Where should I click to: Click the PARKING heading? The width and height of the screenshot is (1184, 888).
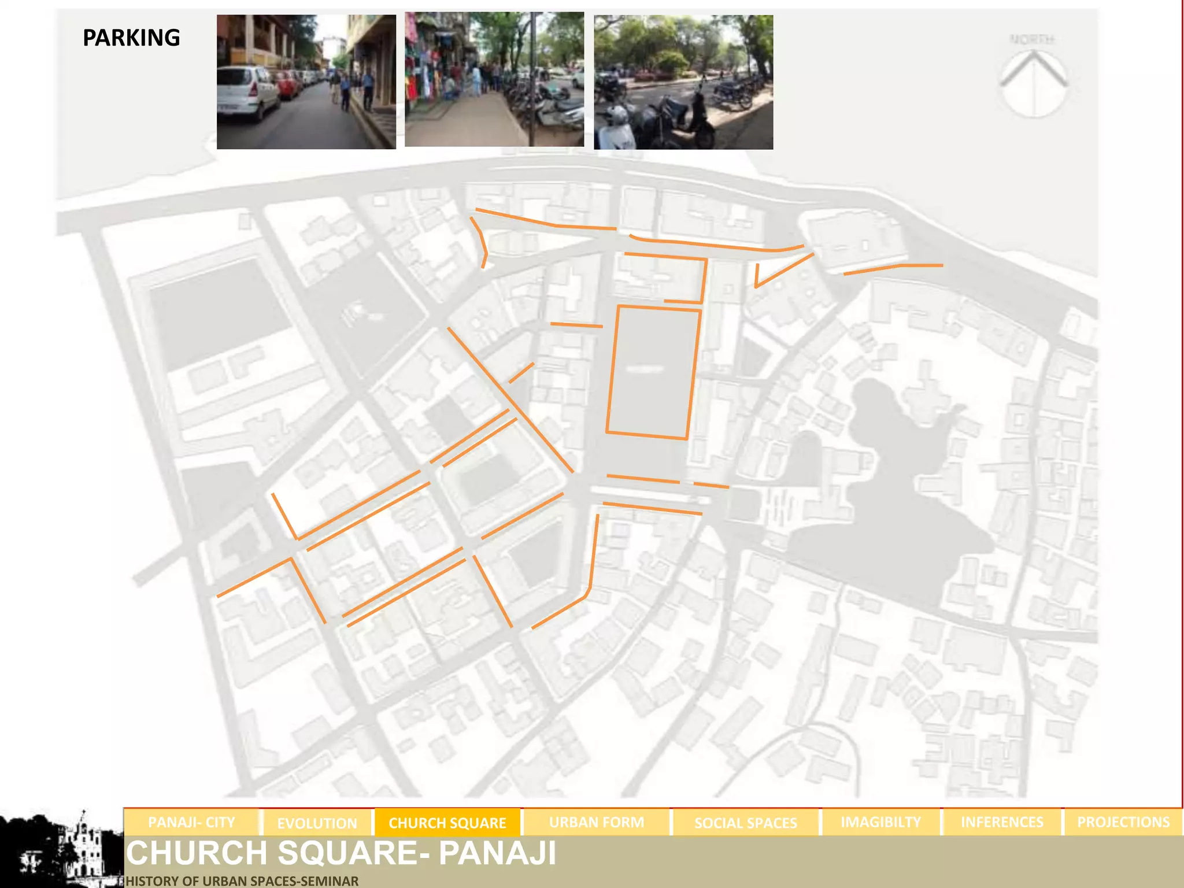[x=131, y=38]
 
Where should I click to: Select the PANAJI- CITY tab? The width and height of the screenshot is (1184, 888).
[x=191, y=822]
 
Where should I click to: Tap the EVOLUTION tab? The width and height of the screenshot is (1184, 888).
[x=317, y=823]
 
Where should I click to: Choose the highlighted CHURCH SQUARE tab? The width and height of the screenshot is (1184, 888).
[x=447, y=823]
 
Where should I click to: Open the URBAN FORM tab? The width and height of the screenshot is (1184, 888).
[x=596, y=822]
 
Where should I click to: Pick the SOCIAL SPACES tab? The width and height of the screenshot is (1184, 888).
[x=745, y=823]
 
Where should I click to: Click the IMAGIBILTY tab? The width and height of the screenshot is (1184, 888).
[x=880, y=822]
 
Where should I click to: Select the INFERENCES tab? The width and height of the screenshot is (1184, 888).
[x=1002, y=822]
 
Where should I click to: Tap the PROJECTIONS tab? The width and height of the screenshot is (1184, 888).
[x=1123, y=822]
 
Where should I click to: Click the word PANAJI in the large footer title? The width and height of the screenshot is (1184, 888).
[x=497, y=853]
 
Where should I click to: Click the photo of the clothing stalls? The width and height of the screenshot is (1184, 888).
[x=494, y=80]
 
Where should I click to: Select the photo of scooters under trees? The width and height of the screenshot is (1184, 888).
[x=683, y=82]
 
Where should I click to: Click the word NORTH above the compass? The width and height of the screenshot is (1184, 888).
[x=1032, y=39]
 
